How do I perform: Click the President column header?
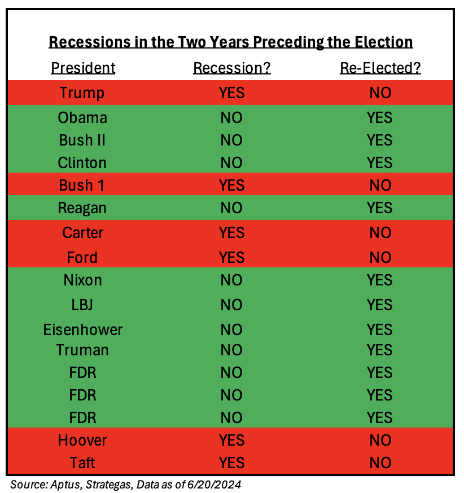[83, 68]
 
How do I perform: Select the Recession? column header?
[231, 68]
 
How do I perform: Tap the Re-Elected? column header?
[380, 68]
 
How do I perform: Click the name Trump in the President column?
[82, 93]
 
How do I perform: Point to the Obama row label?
[82, 117]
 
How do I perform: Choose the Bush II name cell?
[82, 140]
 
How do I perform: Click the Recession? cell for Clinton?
[231, 163]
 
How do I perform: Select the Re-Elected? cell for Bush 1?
[380, 186]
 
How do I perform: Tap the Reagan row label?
[82, 208]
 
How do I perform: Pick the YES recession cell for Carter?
[231, 232]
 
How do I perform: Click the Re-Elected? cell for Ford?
[380, 257]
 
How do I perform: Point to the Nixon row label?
[82, 280]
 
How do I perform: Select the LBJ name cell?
[82, 305]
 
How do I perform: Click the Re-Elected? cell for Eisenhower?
[380, 329]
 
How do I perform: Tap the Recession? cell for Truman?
[231, 350]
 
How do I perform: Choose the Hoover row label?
[82, 440]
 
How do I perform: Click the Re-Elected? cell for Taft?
[380, 463]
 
